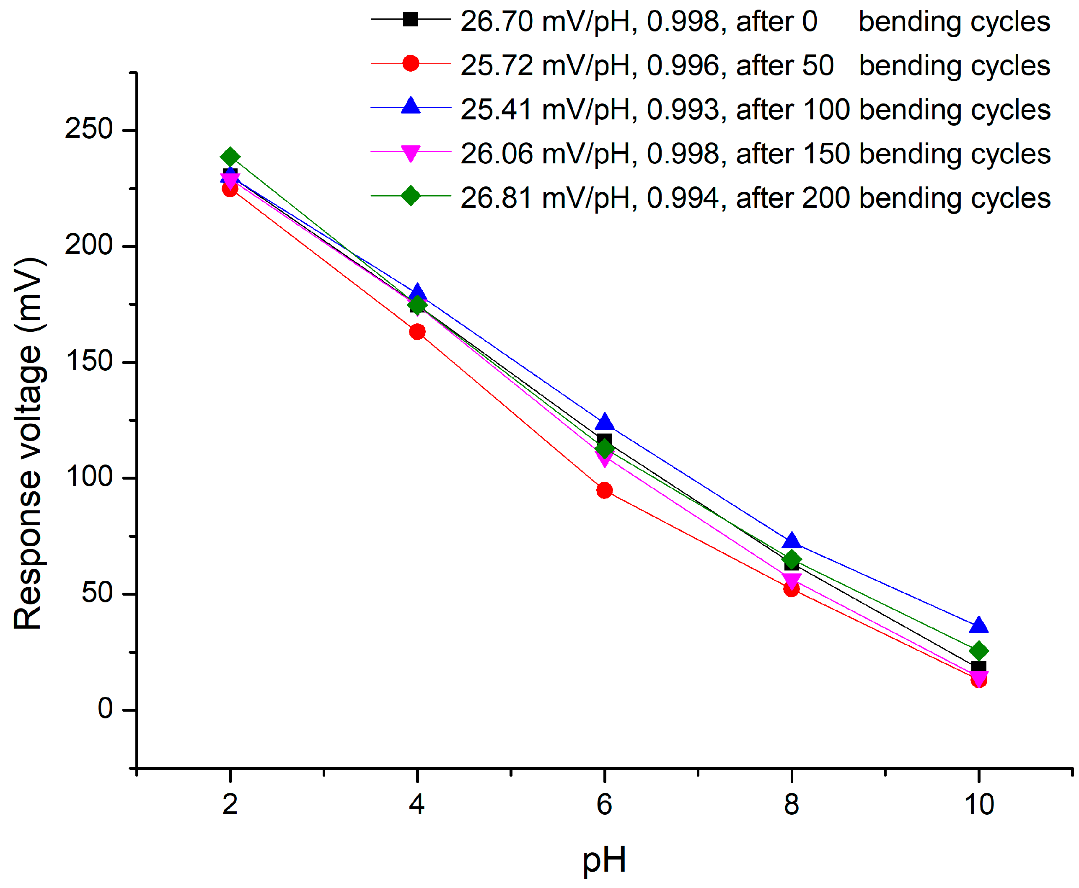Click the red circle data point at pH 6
[x=604, y=490]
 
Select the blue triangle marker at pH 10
[x=978, y=625]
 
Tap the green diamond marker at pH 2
[x=230, y=157]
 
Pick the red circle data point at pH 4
[x=417, y=331]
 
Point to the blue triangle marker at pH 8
[x=792, y=541]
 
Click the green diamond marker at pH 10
[x=978, y=651]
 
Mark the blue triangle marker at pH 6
[x=604, y=421]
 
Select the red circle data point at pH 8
[x=792, y=589]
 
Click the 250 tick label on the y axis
[x=88, y=129]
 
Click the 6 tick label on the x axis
[x=604, y=805]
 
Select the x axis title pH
[x=604, y=860]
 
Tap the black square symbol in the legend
[x=410, y=19]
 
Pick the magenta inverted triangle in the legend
[x=410, y=153]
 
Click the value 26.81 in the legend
[x=496, y=198]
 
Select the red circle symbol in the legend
[x=410, y=63]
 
